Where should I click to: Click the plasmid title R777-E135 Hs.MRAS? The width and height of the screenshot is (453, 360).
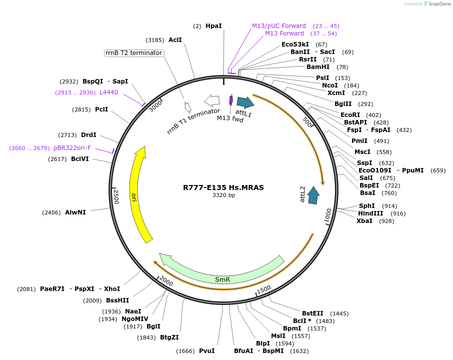[223, 187]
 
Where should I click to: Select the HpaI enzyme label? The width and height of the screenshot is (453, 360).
[213, 25]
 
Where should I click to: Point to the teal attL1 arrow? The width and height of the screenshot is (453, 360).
[245, 102]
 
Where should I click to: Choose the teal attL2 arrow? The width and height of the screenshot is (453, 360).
[313, 195]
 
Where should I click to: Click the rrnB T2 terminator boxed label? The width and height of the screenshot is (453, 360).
[134, 53]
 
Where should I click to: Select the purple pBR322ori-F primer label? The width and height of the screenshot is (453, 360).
[72, 148]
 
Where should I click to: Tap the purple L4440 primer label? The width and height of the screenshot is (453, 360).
[108, 92]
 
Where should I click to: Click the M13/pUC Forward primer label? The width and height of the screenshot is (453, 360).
[279, 26]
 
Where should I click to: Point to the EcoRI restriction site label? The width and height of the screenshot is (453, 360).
[350, 115]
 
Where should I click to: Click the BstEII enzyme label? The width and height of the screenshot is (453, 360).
[312, 313]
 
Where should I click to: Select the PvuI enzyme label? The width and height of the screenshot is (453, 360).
[206, 351]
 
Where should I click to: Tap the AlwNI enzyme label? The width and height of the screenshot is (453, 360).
[75, 212]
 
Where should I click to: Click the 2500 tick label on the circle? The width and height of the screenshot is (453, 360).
[116, 196]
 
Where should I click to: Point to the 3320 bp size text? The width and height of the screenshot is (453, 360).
[223, 195]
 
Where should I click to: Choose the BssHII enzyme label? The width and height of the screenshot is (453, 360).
[117, 300]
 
